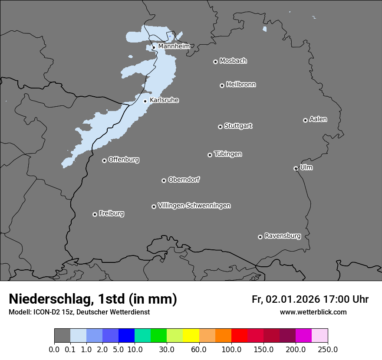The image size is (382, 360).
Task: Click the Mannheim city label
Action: point(174,46)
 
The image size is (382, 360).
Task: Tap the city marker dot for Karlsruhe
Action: point(145,101)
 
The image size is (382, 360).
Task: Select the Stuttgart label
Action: point(238,126)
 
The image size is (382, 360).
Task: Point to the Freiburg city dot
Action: point(95,214)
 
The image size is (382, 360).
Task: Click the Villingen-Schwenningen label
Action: point(194,205)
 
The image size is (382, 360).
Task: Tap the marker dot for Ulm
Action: point(296,168)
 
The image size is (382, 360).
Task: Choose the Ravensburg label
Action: point(283,236)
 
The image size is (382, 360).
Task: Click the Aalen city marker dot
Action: point(305,120)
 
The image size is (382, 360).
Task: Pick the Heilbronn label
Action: point(241,84)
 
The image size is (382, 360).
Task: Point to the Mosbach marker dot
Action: point(215,62)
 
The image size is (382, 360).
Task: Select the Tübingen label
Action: point(228,154)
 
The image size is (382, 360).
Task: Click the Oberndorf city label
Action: point(184,180)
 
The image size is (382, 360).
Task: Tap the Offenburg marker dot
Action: point(104,160)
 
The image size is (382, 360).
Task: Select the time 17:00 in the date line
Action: point(335,299)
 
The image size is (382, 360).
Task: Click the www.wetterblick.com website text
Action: point(313,312)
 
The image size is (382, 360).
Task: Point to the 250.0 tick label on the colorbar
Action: point(327,349)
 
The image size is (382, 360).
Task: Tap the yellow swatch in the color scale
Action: point(191,336)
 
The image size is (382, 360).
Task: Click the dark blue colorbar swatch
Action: point(126,336)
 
